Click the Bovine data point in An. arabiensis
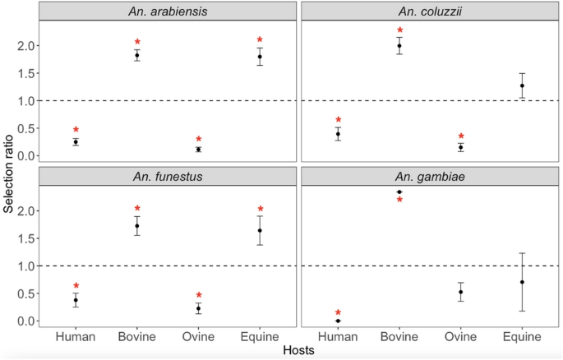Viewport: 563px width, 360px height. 137,55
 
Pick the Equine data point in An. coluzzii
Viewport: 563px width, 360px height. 521,85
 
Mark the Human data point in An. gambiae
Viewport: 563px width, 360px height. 338,321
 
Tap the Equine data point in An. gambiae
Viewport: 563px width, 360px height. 521,282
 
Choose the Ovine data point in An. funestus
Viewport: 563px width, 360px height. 198,308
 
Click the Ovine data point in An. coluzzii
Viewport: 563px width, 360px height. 460,147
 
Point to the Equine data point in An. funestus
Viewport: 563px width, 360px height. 260,230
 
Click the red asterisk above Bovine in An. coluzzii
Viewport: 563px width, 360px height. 399,32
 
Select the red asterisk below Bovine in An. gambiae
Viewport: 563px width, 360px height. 399,201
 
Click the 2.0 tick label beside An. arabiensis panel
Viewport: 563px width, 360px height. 29,46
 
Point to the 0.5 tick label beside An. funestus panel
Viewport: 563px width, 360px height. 29,293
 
